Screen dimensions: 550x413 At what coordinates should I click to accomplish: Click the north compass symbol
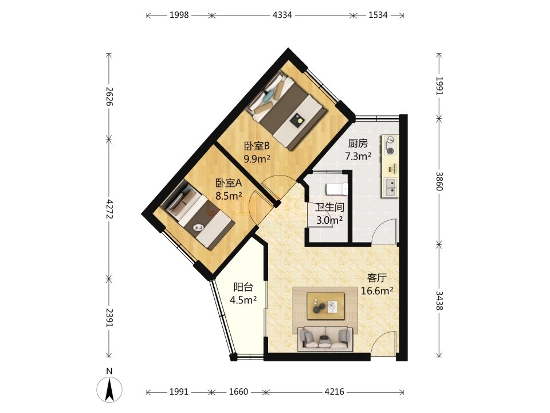pos(109,386)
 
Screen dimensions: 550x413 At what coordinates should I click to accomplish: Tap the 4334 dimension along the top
pos(282,15)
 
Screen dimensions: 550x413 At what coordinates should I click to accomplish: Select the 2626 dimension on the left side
pos(109,96)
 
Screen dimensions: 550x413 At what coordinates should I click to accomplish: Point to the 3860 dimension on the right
pos(439,181)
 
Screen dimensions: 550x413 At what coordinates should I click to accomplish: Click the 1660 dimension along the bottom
pos(238,392)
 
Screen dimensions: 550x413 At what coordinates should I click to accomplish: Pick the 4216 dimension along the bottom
pos(334,392)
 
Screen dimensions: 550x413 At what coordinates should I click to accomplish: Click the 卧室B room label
pos(257,146)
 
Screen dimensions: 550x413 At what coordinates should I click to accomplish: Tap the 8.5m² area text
pos(229,196)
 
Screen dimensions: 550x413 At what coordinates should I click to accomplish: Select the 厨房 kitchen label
pos(357,143)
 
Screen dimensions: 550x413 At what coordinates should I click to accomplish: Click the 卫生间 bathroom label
pos(329,207)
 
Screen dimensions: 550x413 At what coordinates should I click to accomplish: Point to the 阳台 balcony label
pos(243,287)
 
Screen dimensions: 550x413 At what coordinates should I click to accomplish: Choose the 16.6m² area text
pos(377,291)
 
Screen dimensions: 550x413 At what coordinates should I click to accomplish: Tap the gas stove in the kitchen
pos(390,145)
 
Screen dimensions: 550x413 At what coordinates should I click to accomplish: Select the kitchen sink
pos(390,187)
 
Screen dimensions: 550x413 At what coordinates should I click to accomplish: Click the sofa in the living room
pos(325,339)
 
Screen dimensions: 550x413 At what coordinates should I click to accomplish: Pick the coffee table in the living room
pos(325,306)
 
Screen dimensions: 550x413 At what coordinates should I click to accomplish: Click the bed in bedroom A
pos(198,216)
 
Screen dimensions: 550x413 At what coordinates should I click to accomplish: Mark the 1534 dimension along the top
pos(378,15)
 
